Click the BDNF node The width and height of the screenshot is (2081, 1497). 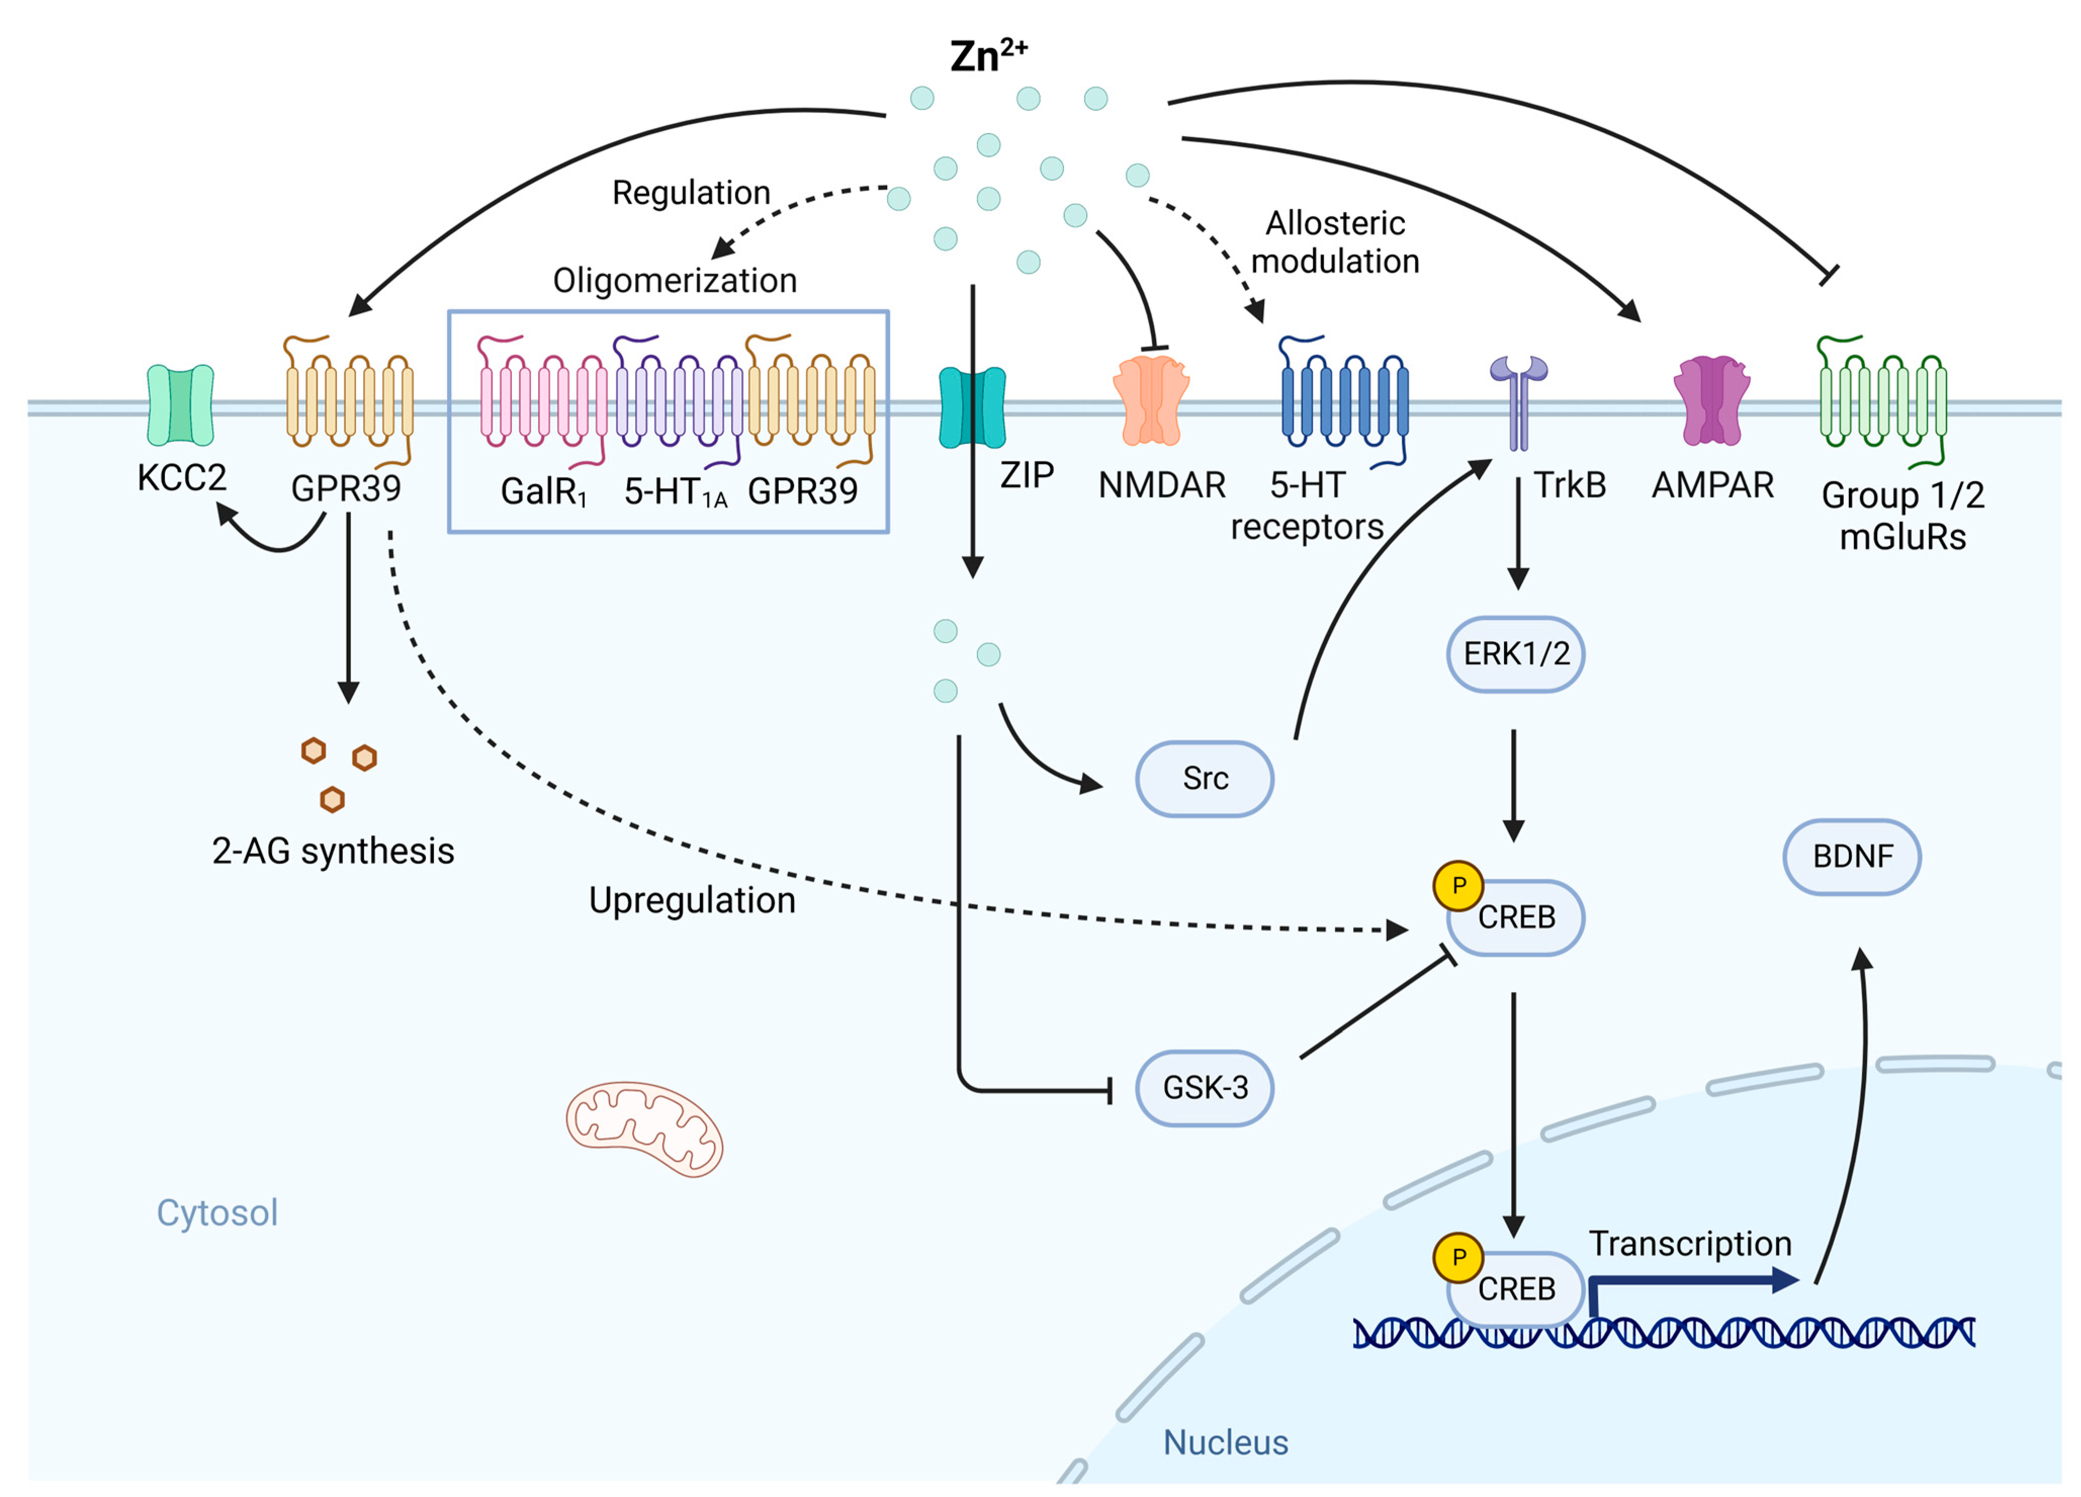1851,857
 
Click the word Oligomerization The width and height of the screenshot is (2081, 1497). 675,280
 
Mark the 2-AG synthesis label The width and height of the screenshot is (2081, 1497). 333,851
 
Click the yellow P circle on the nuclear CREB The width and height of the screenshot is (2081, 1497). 1458,1257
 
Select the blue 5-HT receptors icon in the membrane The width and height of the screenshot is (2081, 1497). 1344,402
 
